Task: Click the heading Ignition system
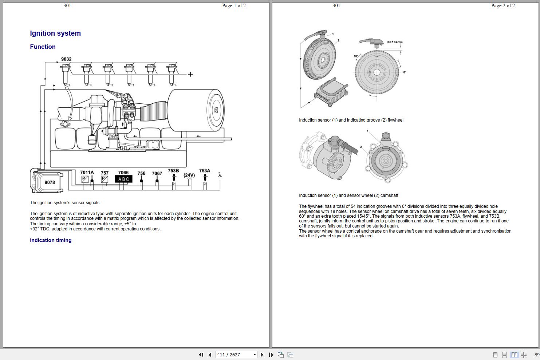[x=55, y=33]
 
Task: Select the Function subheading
[x=43, y=47]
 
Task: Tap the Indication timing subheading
[x=51, y=240]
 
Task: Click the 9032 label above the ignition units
[x=66, y=59]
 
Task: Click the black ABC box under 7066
[x=123, y=179]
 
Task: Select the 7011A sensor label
[x=87, y=173]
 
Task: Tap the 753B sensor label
[x=173, y=170]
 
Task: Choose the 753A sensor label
[x=205, y=170]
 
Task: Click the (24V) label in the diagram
[x=189, y=175]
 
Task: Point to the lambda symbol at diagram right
[x=220, y=175]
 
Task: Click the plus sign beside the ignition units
[x=190, y=74]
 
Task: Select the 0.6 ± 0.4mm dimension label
[x=395, y=42]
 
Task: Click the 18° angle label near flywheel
[x=356, y=56]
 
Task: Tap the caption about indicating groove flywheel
[x=351, y=120]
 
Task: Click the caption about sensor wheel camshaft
[x=348, y=195]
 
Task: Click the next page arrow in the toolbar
[x=262, y=355]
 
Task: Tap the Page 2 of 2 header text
[x=503, y=5]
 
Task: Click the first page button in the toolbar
[x=201, y=355]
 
